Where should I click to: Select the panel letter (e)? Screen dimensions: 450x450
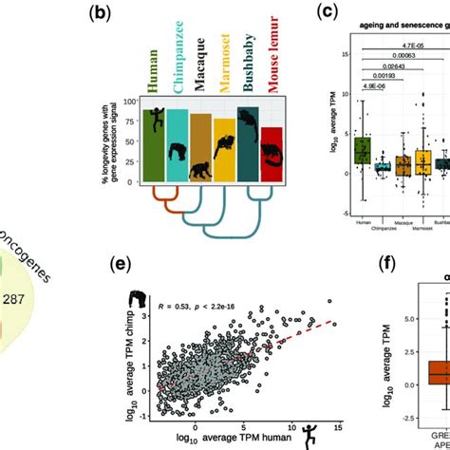pos(134,247)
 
